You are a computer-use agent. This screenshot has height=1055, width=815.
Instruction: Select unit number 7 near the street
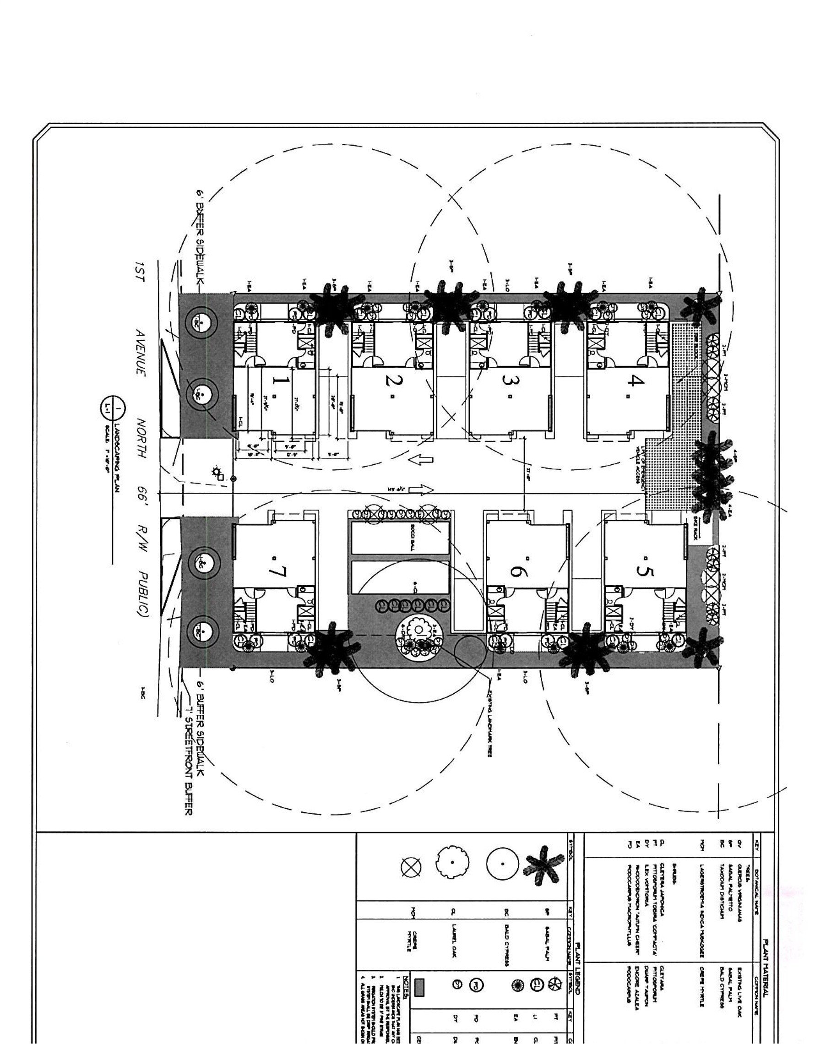279,572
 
